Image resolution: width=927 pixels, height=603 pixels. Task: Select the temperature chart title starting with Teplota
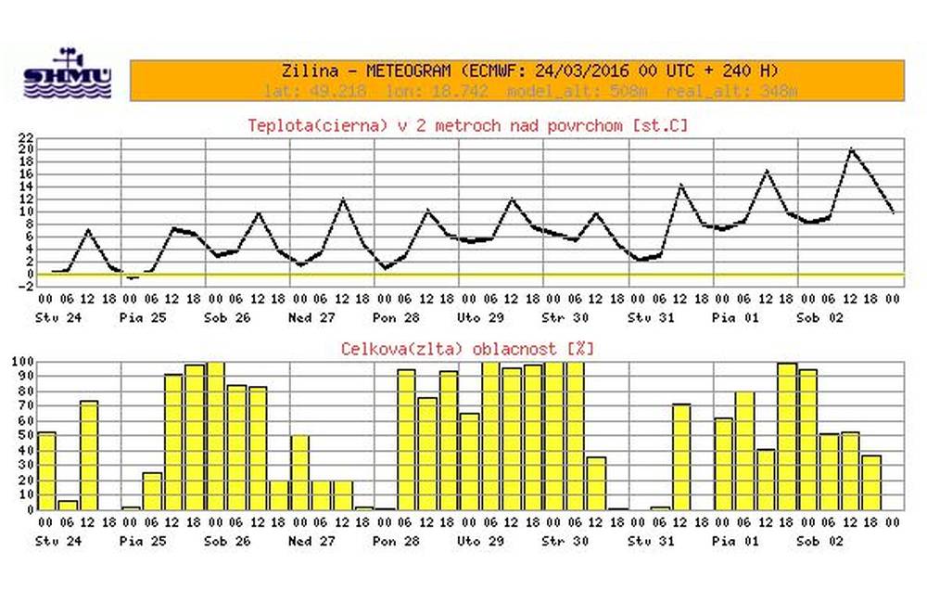(468, 123)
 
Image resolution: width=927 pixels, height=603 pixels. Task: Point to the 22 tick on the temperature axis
(28, 137)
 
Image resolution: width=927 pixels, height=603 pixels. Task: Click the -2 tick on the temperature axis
(28, 287)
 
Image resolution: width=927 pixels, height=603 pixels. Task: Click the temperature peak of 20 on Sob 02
(851, 149)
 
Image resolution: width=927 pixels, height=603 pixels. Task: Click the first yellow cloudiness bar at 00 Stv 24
(46, 470)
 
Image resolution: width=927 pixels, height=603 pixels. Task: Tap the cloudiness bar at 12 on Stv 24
(89, 455)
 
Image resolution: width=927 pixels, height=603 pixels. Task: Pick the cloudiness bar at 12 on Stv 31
(681, 455)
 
